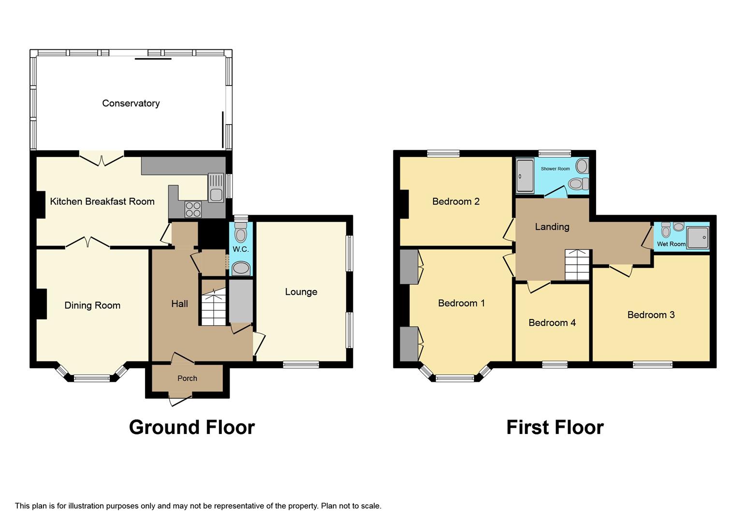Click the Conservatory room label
point(131,103)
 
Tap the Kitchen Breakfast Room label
point(102,202)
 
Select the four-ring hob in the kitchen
point(193,209)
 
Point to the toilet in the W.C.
point(240,233)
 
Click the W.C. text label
point(240,249)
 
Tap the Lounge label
point(301,292)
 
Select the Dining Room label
point(92,305)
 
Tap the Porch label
point(187,378)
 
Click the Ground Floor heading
point(191,427)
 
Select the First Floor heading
point(555,427)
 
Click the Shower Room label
point(555,169)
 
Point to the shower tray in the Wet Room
point(698,238)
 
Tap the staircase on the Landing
point(577,266)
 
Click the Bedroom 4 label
point(552,323)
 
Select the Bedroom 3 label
point(651,315)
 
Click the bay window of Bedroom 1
point(454,377)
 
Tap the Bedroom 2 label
point(455,202)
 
